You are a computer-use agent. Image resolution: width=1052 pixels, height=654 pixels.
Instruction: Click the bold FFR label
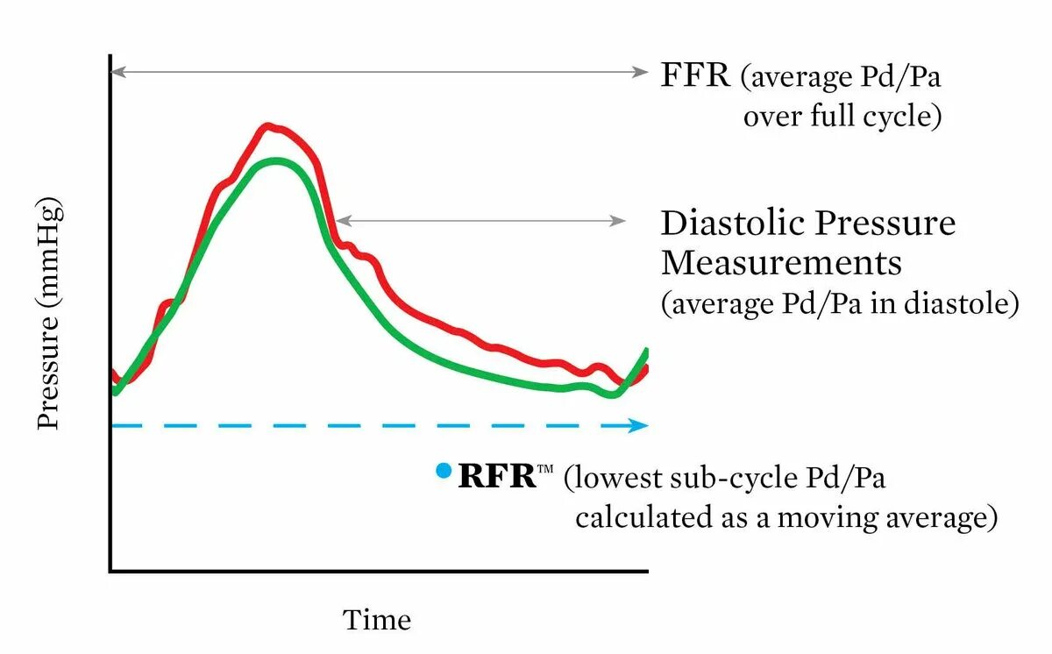(x=695, y=75)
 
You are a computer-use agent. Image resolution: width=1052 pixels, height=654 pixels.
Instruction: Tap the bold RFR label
(x=496, y=477)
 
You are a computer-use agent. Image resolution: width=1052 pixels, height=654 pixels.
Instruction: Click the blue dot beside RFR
(x=444, y=472)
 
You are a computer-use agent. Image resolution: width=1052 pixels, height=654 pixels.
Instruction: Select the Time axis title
(x=377, y=621)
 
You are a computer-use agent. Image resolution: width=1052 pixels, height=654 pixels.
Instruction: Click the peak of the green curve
(x=277, y=161)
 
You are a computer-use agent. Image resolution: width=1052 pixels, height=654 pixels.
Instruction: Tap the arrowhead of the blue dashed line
(x=640, y=426)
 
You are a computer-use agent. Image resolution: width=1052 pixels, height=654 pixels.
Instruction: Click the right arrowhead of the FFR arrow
(x=642, y=73)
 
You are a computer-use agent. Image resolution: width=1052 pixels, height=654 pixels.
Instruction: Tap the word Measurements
(x=781, y=263)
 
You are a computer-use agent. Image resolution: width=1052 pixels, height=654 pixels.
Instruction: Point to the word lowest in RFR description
(x=625, y=479)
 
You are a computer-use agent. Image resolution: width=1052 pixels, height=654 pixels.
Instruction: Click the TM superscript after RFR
(x=545, y=471)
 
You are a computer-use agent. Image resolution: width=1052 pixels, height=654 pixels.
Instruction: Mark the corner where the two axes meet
(x=110, y=572)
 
